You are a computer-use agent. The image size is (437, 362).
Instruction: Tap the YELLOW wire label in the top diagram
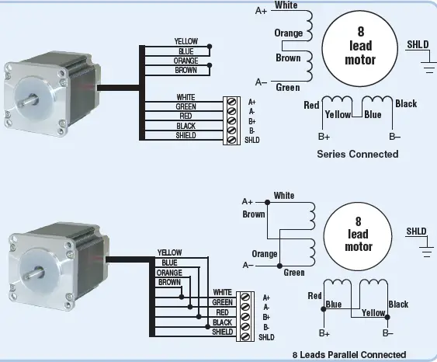coord(186,41)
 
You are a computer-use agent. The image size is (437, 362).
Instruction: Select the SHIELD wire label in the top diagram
coord(186,136)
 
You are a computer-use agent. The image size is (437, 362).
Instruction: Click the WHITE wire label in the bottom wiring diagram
coord(222,292)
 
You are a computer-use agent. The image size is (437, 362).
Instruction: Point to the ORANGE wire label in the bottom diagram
coord(169,273)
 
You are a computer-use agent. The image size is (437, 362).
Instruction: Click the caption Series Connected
coord(358,154)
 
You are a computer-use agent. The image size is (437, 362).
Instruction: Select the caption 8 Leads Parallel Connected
coord(349,354)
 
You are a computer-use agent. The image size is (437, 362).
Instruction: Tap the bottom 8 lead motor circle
coord(358,234)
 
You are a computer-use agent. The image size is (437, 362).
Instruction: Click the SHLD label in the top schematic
coord(417,44)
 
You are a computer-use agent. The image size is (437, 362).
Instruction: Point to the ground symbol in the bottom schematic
coord(426,248)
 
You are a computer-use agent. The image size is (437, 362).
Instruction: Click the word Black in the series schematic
coord(406,104)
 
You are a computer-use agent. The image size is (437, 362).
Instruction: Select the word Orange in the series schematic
coord(288,33)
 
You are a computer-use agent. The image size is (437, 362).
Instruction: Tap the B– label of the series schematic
coord(394,136)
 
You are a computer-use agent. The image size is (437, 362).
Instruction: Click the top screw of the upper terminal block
coord(231,102)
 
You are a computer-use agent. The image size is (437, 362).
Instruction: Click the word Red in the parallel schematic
coord(314,296)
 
